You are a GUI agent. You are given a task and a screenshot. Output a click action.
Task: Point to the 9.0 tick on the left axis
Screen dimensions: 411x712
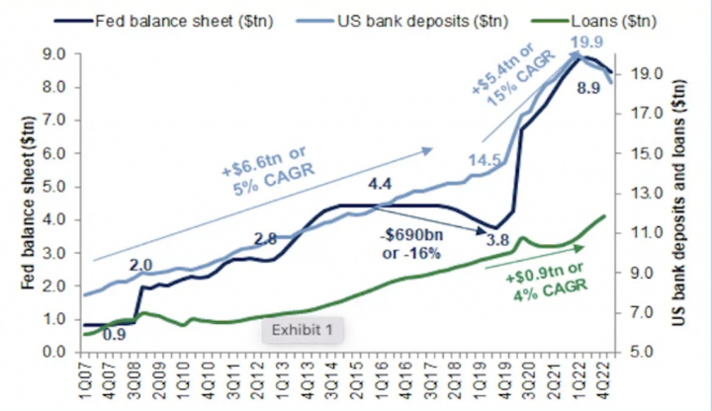[63, 54]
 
